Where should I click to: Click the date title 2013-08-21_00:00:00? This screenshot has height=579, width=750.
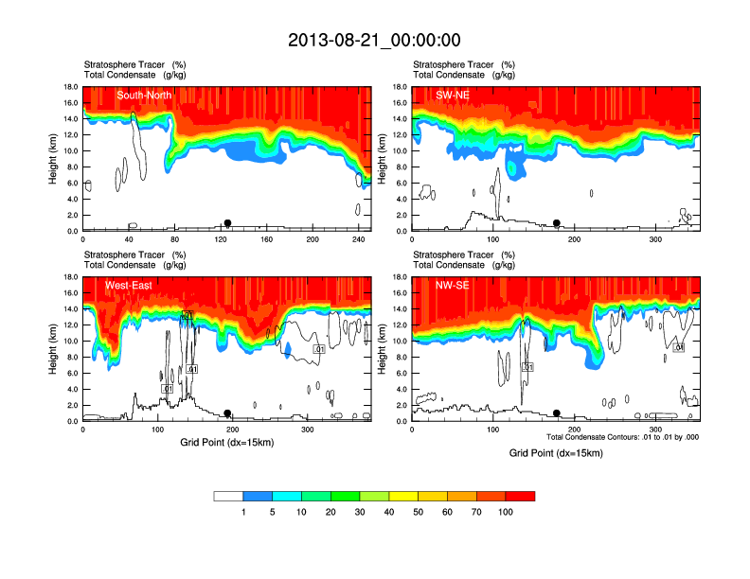click(374, 40)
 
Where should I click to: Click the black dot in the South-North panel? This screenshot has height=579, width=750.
click(227, 223)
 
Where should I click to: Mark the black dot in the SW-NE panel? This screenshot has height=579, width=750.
click(557, 223)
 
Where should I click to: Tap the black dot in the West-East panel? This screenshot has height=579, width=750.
click(227, 413)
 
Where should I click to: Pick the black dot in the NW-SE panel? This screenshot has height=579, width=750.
click(557, 413)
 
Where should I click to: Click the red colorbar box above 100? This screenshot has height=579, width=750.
click(520, 496)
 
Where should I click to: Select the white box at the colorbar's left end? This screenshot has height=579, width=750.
click(228, 496)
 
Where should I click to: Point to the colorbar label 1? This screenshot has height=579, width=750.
click(243, 512)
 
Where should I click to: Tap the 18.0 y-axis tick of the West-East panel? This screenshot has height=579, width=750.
click(69, 277)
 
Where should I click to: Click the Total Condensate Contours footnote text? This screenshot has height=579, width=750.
click(622, 436)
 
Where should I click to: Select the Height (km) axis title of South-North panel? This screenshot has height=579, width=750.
click(54, 159)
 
